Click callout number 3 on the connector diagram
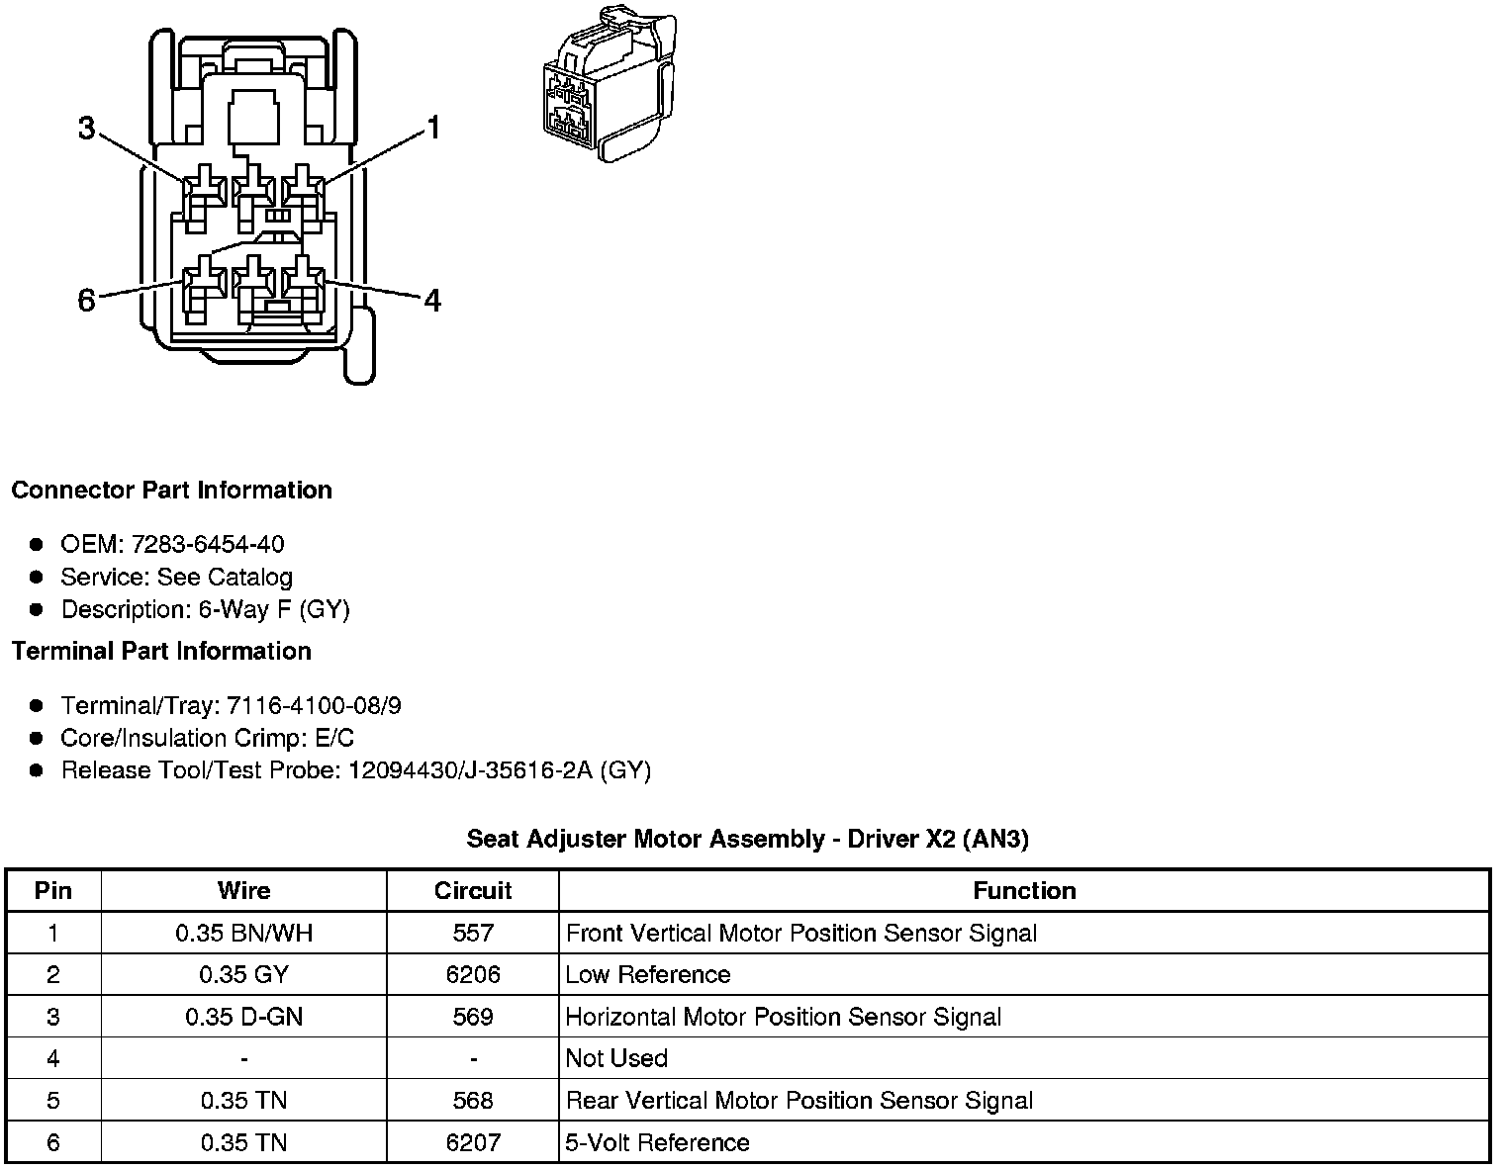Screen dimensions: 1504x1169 click(x=87, y=129)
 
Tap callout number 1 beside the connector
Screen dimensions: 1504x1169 click(x=432, y=129)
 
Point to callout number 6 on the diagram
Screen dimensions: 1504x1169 click(x=87, y=300)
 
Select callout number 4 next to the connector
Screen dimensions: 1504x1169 click(x=432, y=300)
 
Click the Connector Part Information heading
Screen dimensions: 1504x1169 click(x=171, y=491)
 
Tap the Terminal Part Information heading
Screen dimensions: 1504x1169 click(x=161, y=651)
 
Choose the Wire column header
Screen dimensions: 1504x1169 click(x=243, y=890)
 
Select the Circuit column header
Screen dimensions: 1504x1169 click(x=473, y=890)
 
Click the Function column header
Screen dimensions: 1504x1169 click(x=1024, y=890)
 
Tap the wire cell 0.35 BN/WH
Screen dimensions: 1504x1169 click(x=243, y=933)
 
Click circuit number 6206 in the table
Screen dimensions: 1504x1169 click(x=473, y=974)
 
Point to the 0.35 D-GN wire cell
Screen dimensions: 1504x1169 click(x=243, y=1017)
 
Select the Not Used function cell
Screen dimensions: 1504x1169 click(x=616, y=1058)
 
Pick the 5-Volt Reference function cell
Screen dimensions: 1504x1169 click(x=657, y=1142)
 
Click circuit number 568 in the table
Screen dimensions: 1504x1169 click(x=473, y=1101)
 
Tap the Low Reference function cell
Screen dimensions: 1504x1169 click(x=647, y=974)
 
